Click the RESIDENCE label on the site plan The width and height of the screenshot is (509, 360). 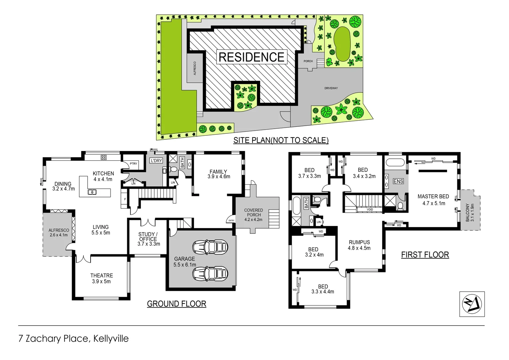click(x=252, y=57)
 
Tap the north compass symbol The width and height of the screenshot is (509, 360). click(x=472, y=304)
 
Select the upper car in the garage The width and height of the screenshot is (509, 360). click(x=210, y=247)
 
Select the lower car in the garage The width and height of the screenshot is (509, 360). click(x=210, y=274)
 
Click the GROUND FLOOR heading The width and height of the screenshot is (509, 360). click(x=177, y=304)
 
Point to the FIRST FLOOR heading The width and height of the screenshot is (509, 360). click(x=425, y=255)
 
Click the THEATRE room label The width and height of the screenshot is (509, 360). click(x=102, y=275)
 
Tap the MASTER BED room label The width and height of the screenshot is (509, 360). click(x=433, y=197)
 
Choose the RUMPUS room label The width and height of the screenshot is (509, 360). click(x=359, y=242)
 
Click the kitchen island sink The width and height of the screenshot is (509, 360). click(x=92, y=192)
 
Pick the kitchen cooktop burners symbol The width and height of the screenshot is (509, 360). click(x=104, y=157)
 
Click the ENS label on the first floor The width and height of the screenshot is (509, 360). click(x=398, y=181)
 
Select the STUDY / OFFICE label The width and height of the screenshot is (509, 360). click(x=148, y=236)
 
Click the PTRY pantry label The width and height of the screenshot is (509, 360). click(x=133, y=164)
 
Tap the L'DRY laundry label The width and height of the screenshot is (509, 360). click(x=156, y=161)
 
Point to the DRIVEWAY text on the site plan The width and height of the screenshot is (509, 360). click(x=331, y=88)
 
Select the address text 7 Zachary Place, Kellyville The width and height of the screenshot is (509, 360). click(x=74, y=339)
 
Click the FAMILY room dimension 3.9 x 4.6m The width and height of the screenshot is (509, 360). click(x=219, y=177)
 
